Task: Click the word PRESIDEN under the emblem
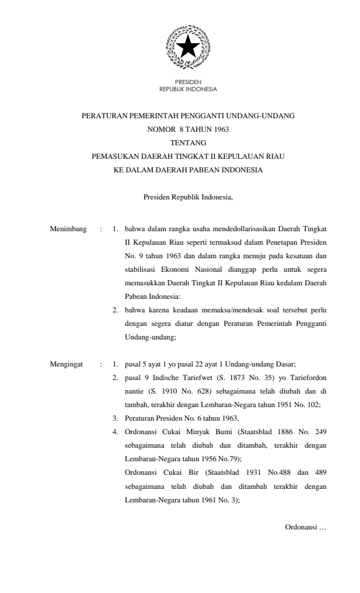point(188,82)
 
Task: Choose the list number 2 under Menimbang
point(115,310)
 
